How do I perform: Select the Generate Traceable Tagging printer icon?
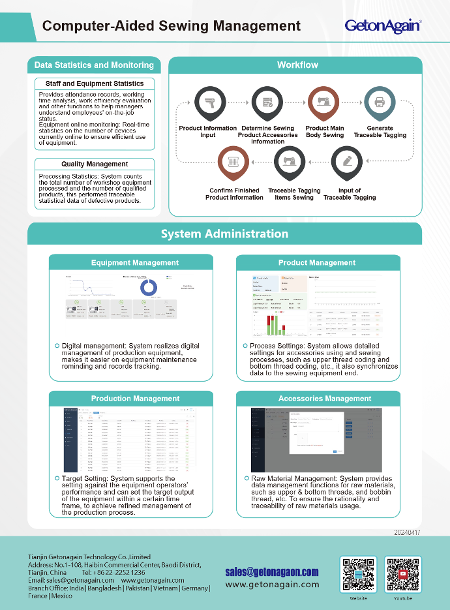coord(380,102)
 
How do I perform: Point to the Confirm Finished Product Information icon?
coord(233,162)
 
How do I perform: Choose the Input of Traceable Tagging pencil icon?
coord(347,162)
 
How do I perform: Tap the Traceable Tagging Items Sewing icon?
coord(290,162)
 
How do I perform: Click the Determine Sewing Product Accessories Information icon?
coord(267,102)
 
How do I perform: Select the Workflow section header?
coord(297,65)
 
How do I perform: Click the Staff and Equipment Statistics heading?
coord(95,84)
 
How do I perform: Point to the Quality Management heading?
coord(95,164)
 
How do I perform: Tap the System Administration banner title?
coord(224,234)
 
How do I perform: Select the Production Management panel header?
coord(135,399)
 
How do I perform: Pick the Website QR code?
coord(357,574)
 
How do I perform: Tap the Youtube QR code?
coord(402,574)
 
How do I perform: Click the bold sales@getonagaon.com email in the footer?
coord(272,572)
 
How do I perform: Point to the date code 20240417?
coord(407,532)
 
